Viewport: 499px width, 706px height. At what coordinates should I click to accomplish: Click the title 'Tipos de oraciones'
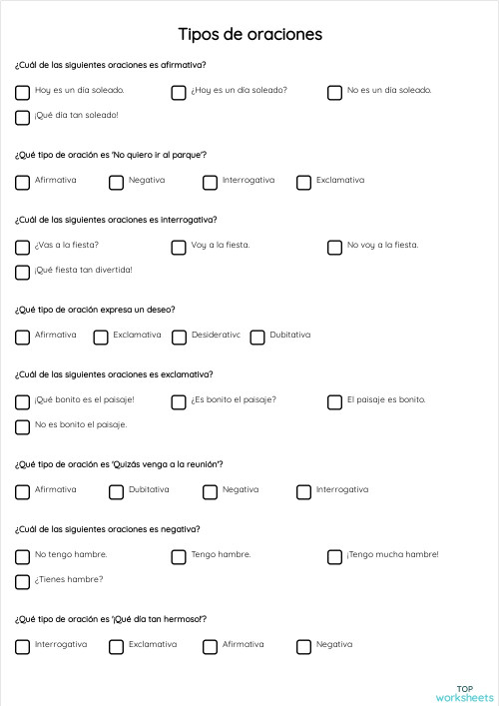[249, 35]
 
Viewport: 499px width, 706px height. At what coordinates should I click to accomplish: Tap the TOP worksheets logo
[464, 692]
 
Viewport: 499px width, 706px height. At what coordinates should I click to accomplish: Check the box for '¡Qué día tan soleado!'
[22, 118]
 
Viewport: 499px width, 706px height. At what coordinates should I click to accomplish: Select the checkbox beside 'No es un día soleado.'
[334, 93]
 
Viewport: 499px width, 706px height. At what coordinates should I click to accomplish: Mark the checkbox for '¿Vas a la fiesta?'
[22, 247]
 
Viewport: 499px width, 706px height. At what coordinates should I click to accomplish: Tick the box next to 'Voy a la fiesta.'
[179, 247]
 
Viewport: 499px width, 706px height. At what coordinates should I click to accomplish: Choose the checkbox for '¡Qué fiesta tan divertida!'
[22, 272]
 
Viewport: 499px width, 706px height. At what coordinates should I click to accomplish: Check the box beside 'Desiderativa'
[179, 338]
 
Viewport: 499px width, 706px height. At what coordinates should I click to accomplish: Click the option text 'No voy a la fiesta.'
[382, 245]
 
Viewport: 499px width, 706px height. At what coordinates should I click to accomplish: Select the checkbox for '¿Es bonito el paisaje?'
[179, 402]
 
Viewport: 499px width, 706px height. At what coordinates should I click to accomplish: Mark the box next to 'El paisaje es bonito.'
[334, 402]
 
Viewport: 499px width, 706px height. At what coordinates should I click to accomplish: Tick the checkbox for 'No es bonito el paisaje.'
[22, 426]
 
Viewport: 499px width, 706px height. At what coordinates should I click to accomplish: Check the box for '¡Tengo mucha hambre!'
[334, 557]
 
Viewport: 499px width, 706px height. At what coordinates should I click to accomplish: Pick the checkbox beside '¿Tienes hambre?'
[22, 581]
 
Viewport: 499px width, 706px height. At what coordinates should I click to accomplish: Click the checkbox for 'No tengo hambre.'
[22, 557]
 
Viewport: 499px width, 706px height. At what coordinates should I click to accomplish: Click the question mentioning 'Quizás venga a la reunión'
[119, 464]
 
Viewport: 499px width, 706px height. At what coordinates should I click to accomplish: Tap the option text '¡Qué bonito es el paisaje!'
[84, 399]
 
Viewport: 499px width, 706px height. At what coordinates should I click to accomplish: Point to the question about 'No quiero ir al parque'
[111, 155]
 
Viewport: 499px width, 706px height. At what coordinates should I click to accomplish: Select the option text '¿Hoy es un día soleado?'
[239, 90]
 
